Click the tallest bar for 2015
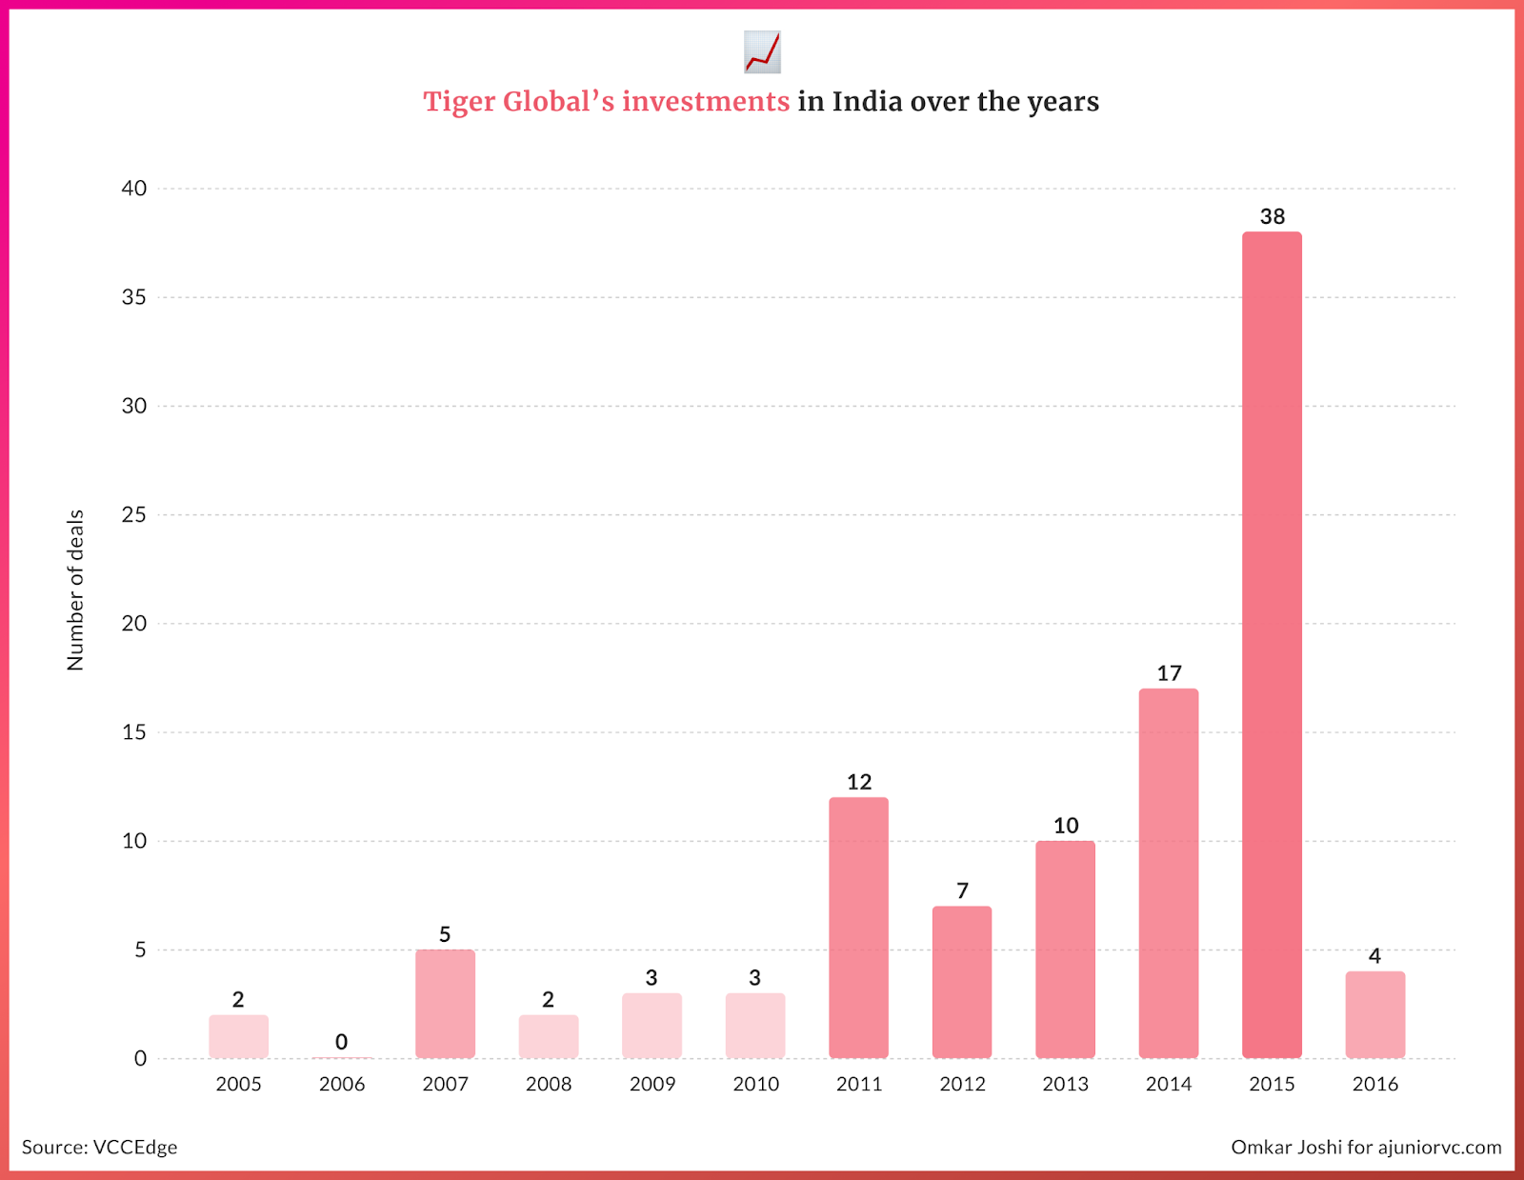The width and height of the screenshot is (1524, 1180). [1272, 645]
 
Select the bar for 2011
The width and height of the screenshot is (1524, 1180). [858, 928]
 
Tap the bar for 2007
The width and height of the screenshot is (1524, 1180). [445, 1004]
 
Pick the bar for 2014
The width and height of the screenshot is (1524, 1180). [1169, 873]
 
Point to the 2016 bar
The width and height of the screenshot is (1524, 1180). [1374, 1014]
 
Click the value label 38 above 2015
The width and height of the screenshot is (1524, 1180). [1273, 216]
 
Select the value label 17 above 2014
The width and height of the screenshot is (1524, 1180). [1169, 673]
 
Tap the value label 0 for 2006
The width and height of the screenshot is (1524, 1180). [341, 1042]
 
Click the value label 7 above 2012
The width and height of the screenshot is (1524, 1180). [962, 890]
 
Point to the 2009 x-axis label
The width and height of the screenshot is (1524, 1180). [652, 1084]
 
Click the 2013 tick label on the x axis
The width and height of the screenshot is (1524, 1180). [1065, 1084]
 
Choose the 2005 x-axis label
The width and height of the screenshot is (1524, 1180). [238, 1084]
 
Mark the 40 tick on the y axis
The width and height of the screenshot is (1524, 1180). [134, 189]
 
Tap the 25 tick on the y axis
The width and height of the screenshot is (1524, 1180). [134, 515]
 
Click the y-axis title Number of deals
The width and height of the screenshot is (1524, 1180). [75, 590]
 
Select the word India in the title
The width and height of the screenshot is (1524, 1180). [867, 102]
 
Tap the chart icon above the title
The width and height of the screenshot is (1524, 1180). [762, 51]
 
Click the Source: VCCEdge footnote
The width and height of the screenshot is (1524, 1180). [100, 1147]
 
